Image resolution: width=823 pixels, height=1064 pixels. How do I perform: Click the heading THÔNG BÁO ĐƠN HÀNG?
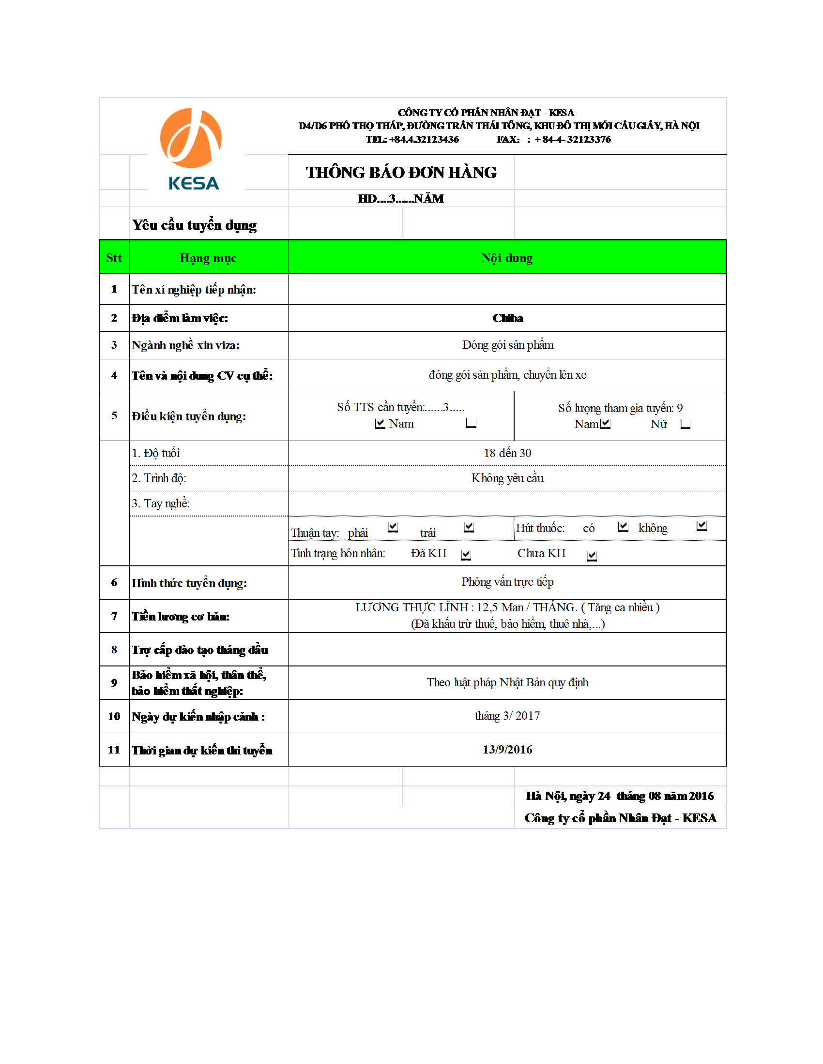tap(401, 173)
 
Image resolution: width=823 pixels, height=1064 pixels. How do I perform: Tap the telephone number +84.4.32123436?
tap(424, 139)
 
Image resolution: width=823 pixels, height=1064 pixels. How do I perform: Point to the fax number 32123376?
tap(589, 139)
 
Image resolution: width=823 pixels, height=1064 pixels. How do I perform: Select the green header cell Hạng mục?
tap(208, 258)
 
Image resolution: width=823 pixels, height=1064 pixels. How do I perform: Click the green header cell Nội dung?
tap(506, 258)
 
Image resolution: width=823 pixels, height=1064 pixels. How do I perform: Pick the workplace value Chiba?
tap(507, 318)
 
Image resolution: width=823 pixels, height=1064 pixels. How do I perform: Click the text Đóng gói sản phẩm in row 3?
tap(507, 345)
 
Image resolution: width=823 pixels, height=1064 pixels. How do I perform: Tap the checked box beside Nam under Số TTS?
tap(380, 424)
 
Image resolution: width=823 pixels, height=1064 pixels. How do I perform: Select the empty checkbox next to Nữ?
tap(685, 424)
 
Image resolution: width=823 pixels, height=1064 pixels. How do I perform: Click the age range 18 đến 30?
tap(507, 453)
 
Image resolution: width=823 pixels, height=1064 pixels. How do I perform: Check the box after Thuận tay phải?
tap(393, 527)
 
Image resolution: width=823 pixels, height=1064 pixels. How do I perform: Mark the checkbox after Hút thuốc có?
tap(623, 527)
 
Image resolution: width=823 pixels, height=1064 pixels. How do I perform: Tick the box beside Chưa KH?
tap(592, 556)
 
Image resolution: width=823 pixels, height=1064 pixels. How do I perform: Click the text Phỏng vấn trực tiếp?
tap(507, 582)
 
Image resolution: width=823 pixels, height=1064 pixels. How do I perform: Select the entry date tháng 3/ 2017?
tap(507, 716)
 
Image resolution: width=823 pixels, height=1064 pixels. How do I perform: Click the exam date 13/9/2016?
tap(507, 750)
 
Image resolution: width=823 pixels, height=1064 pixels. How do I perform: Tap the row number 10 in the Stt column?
tap(114, 716)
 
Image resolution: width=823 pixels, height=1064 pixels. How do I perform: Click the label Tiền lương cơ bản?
tap(181, 617)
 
